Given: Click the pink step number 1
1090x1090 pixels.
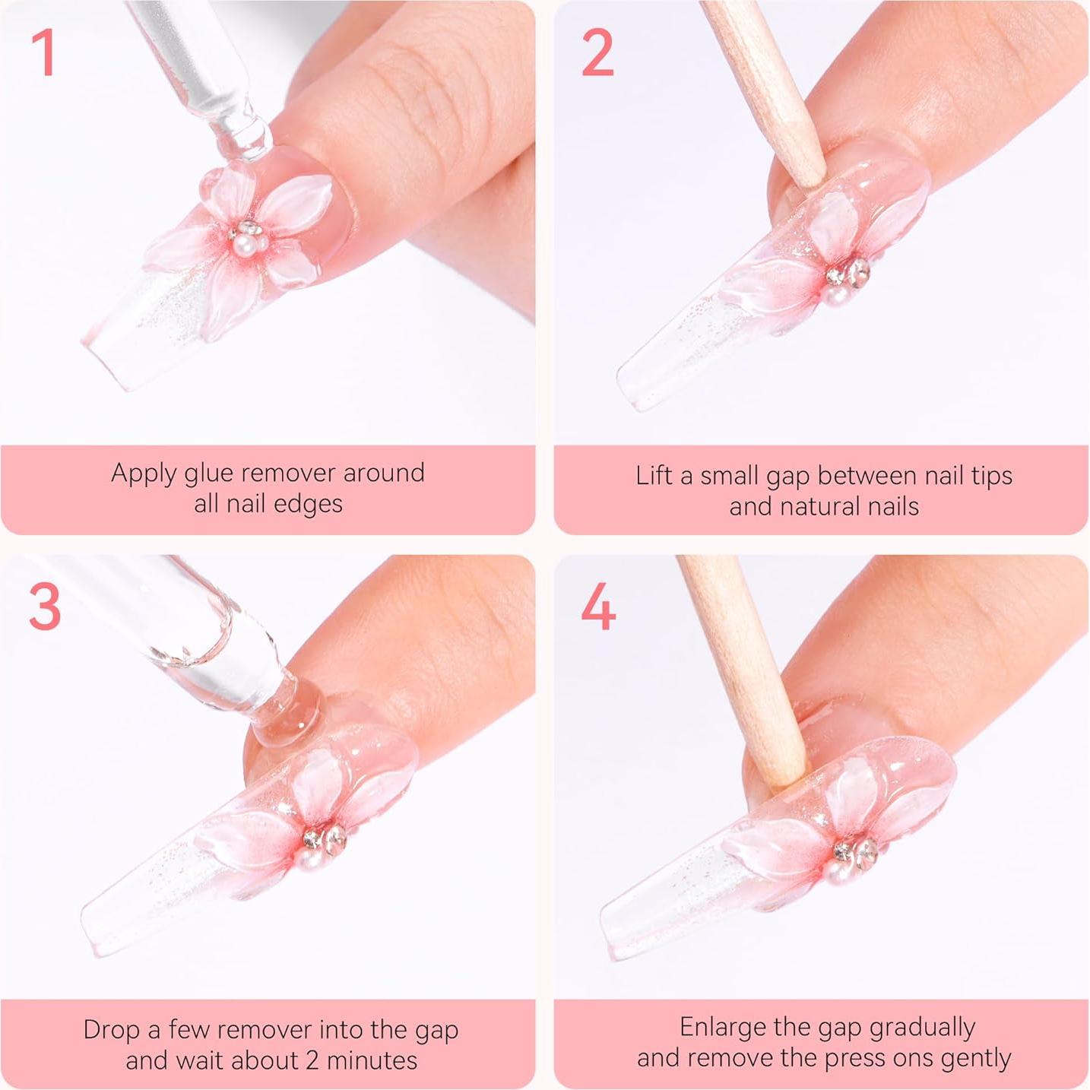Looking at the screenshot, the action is coord(43,53).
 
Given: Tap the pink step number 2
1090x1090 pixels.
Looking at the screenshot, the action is coord(597,53).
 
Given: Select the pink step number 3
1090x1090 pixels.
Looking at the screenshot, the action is coord(44,607).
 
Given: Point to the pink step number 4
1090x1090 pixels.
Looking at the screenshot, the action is coord(598,607).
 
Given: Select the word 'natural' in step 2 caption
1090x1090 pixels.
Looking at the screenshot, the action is coord(825,506).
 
